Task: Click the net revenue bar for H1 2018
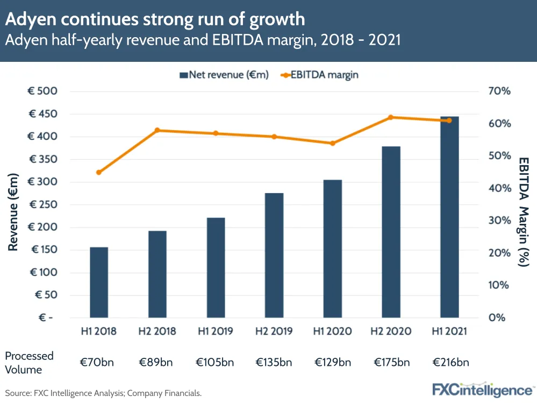click(99, 282)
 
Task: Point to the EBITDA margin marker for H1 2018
click(99, 172)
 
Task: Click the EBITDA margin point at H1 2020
click(332, 143)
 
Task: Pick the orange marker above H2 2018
click(157, 130)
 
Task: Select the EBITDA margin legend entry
click(319, 75)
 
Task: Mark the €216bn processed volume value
click(449, 362)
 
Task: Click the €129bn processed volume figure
click(332, 362)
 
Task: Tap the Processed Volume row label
click(30, 362)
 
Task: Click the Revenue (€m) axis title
click(13, 212)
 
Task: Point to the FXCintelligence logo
click(483, 389)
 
